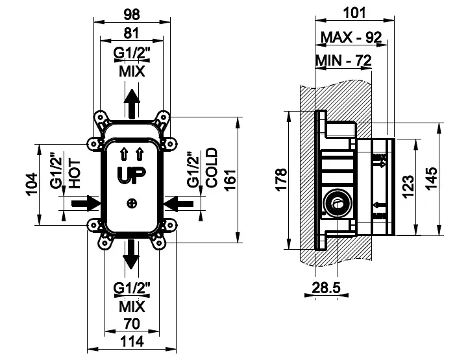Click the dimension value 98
pos(132,14)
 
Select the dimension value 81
pos(132,33)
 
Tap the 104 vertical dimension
pos(32,184)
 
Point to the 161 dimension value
pos(230,180)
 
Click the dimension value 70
pos(132,324)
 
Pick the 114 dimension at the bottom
pos(132,341)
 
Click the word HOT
pos(75,174)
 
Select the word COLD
pos(212,168)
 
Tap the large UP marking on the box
pos(131,175)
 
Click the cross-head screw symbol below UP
pos(132,204)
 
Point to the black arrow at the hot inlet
pos(86,204)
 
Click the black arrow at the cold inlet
pos(179,204)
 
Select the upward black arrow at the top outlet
pos(132,104)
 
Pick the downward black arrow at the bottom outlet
pos(132,254)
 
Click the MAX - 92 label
pos(351,38)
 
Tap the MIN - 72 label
pos(343,60)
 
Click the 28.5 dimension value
pos(326,288)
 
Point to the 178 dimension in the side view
pos(281,180)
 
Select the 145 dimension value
pos(431,178)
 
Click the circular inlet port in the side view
pos(338,204)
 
